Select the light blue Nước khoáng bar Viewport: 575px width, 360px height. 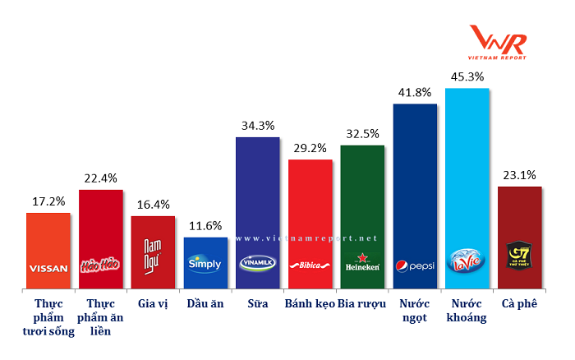click(467, 164)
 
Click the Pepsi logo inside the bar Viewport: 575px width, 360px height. click(416, 266)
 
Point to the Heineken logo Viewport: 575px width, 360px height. click(362, 264)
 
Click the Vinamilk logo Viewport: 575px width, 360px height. click(258, 264)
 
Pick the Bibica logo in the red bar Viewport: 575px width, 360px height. click(310, 266)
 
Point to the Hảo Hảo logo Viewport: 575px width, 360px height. click(100, 265)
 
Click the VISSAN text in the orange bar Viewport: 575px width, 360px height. click(48, 268)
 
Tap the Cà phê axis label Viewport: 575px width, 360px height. click(519, 303)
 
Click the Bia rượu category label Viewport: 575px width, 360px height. click(362, 303)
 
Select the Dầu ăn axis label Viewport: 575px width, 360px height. click(205, 303)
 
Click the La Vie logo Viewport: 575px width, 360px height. click(467, 262)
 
